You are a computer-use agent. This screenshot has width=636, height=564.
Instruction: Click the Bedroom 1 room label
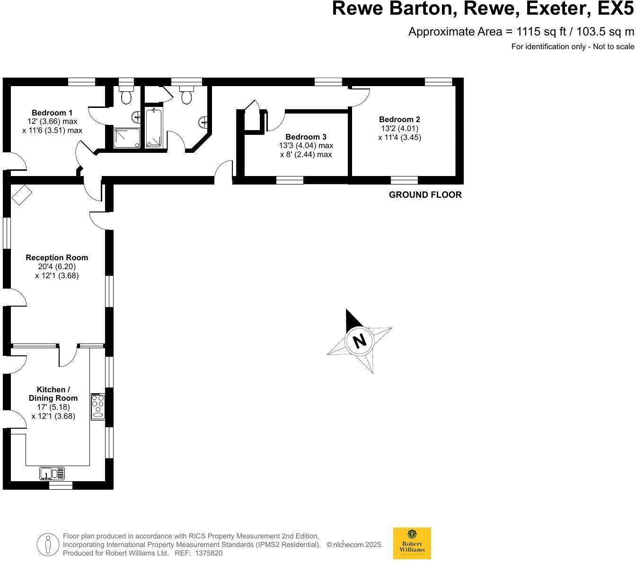[52, 113]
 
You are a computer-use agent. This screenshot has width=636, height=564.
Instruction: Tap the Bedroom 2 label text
[399, 120]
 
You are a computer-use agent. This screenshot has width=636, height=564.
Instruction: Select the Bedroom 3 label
[306, 137]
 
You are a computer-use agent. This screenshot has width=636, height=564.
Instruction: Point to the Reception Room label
[57, 257]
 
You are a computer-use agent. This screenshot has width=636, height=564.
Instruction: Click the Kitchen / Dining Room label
[53, 394]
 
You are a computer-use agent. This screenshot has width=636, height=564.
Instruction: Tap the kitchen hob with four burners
[98, 406]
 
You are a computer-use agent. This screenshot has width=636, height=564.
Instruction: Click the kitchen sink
[52, 473]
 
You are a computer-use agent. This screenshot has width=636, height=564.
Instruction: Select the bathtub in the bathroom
[153, 128]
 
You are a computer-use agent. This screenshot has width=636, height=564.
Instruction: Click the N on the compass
[360, 341]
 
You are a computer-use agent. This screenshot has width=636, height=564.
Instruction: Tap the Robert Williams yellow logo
[412, 543]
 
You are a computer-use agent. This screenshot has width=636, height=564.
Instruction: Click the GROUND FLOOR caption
[425, 194]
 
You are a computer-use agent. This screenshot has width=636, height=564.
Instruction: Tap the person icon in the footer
[48, 545]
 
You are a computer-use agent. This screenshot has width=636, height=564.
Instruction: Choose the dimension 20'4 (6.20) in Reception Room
[57, 266]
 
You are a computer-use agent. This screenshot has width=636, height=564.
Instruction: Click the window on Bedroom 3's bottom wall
[290, 180]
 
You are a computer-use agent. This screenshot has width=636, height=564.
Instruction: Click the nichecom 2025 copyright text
[354, 545]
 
